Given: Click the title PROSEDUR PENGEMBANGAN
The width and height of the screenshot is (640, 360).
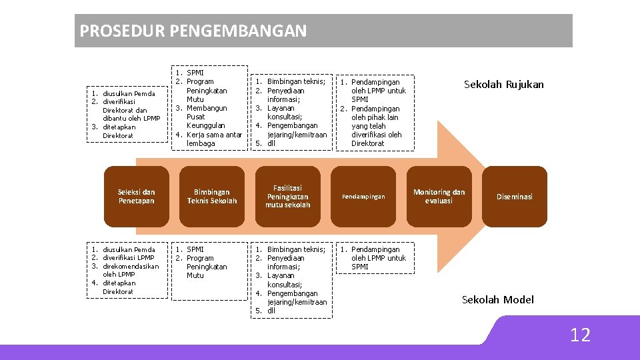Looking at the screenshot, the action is coord(193,31).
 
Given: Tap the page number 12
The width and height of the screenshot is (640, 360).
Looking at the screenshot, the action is coord(580,335).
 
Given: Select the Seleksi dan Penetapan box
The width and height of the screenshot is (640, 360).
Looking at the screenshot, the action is coord(136,197).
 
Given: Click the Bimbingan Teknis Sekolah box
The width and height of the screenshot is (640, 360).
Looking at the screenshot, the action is coord(212,197).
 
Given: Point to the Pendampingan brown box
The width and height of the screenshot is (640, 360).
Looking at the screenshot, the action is coord(363,197).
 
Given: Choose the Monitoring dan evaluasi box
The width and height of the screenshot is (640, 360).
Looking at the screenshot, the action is coord(439,197).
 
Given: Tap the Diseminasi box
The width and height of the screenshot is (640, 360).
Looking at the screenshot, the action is coord(514,197).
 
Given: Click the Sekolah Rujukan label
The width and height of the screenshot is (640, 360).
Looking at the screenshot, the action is coord(503,85).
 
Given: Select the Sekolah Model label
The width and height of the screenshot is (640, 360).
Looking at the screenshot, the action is coord(498,300).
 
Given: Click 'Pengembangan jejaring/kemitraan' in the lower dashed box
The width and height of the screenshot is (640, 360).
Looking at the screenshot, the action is coord(297,297).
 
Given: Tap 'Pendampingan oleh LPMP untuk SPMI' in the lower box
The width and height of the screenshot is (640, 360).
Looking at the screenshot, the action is coord(377,258).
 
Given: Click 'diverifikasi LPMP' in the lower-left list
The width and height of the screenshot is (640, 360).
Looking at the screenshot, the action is coord(128,258).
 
